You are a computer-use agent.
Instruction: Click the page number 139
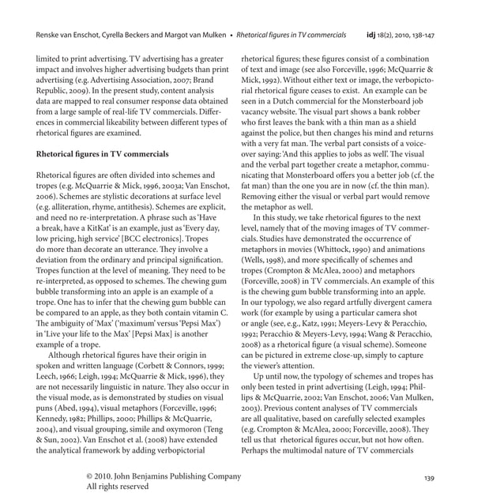[430, 478]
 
